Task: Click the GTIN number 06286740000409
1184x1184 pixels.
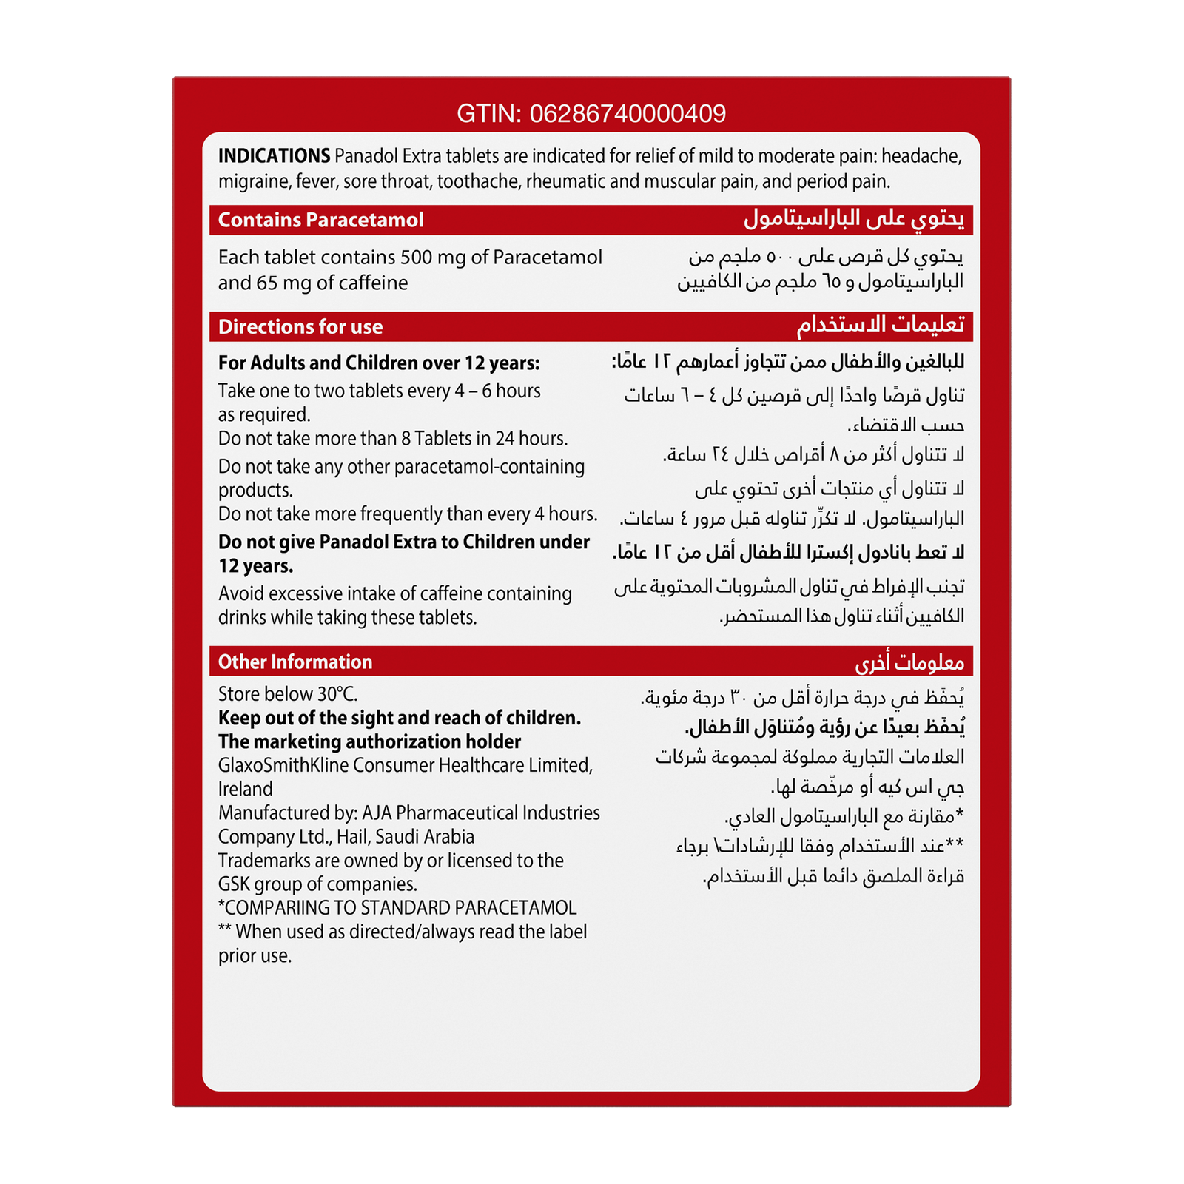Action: click(628, 113)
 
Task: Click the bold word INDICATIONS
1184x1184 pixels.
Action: click(274, 156)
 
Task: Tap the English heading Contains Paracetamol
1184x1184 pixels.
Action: click(320, 220)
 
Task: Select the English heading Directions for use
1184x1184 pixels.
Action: click(300, 327)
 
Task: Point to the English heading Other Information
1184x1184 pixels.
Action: click(295, 662)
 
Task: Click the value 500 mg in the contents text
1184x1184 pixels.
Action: click(432, 258)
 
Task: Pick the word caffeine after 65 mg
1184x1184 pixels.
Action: click(373, 283)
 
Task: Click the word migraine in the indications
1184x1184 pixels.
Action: click(252, 182)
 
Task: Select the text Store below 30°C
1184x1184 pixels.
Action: click(288, 694)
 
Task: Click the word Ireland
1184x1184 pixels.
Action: click(245, 790)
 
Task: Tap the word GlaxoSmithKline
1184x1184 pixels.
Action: click(283, 765)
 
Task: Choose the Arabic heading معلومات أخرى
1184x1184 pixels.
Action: click(909, 662)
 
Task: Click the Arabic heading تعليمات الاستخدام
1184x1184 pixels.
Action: click(880, 325)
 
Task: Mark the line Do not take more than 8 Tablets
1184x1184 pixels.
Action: click(392, 439)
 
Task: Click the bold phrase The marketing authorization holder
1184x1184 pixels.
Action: click(369, 741)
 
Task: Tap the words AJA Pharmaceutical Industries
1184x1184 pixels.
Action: click(481, 813)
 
